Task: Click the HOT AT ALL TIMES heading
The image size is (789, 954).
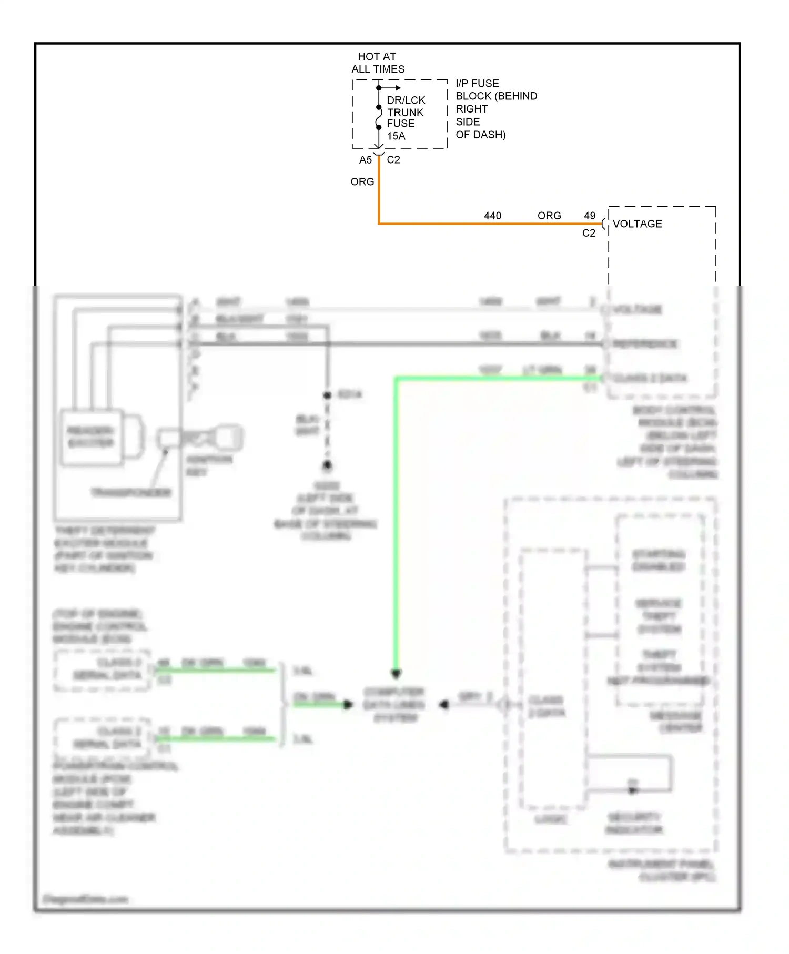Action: point(378,63)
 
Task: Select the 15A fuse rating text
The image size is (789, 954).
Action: point(396,136)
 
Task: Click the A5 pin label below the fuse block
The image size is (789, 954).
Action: point(365,160)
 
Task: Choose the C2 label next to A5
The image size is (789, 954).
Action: point(393,160)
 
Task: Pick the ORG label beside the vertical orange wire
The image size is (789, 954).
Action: point(362,182)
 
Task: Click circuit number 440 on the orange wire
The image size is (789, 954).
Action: point(492,216)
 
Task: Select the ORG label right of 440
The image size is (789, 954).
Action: point(549,216)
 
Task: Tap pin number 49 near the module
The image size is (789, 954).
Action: point(590,216)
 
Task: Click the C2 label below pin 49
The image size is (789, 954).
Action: point(589,233)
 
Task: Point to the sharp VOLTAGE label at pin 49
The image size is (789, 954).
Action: point(637,224)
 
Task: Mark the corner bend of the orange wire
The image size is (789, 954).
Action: point(379,224)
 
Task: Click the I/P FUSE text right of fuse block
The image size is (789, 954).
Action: point(477,84)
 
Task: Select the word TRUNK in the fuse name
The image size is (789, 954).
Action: point(405,113)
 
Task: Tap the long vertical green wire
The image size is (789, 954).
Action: point(396,526)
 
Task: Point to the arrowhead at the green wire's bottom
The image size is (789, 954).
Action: point(396,673)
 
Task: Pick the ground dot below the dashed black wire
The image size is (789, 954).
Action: point(327,465)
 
